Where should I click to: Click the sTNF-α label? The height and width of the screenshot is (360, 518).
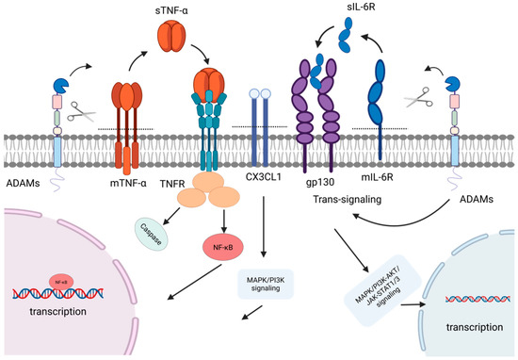[x=171, y=10]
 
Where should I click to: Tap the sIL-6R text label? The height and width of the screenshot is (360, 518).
[x=361, y=7]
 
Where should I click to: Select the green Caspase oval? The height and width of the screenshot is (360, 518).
[x=152, y=235]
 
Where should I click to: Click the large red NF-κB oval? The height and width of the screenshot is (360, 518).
[x=223, y=247]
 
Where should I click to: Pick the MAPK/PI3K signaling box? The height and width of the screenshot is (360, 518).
[x=266, y=284]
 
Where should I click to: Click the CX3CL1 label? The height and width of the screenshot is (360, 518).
[x=264, y=177]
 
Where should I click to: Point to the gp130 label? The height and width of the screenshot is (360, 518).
[x=320, y=182]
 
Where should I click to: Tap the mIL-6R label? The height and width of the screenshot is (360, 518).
[x=378, y=177]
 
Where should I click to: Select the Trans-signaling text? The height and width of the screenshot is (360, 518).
[x=347, y=200]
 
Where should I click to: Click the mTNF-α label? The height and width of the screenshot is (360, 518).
[x=128, y=183]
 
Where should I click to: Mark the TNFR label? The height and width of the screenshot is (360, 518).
[x=172, y=184]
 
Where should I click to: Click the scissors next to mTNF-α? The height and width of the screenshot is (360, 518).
[x=81, y=112]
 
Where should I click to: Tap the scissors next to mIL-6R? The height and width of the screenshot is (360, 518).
[x=418, y=97]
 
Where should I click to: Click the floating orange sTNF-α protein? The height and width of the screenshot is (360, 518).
[x=171, y=37]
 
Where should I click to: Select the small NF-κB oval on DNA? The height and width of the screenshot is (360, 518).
[x=61, y=283]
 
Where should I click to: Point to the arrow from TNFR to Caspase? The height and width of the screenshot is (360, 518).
[x=171, y=215]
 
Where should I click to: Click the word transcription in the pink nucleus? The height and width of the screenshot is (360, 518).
[x=57, y=311]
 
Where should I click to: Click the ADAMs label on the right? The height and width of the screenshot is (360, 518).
[x=477, y=200]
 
